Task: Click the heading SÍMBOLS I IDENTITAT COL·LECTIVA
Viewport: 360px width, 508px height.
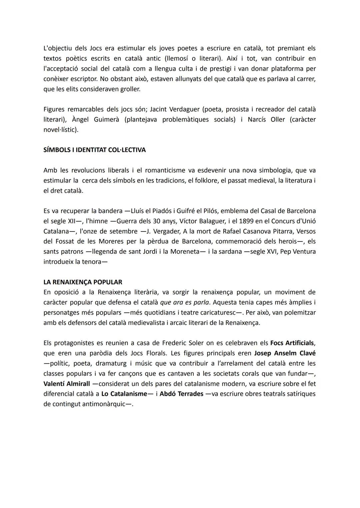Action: (x=94, y=150)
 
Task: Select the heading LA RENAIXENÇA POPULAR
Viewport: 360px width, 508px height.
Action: (x=83, y=282)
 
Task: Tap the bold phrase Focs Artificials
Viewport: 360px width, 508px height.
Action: (x=292, y=343)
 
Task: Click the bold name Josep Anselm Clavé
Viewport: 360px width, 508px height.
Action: (x=285, y=353)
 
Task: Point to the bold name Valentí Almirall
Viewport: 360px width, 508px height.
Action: (x=67, y=384)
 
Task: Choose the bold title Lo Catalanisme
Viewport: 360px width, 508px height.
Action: (x=124, y=394)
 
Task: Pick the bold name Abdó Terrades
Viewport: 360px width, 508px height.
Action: (x=181, y=394)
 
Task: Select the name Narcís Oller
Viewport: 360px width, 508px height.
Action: (x=266, y=119)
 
